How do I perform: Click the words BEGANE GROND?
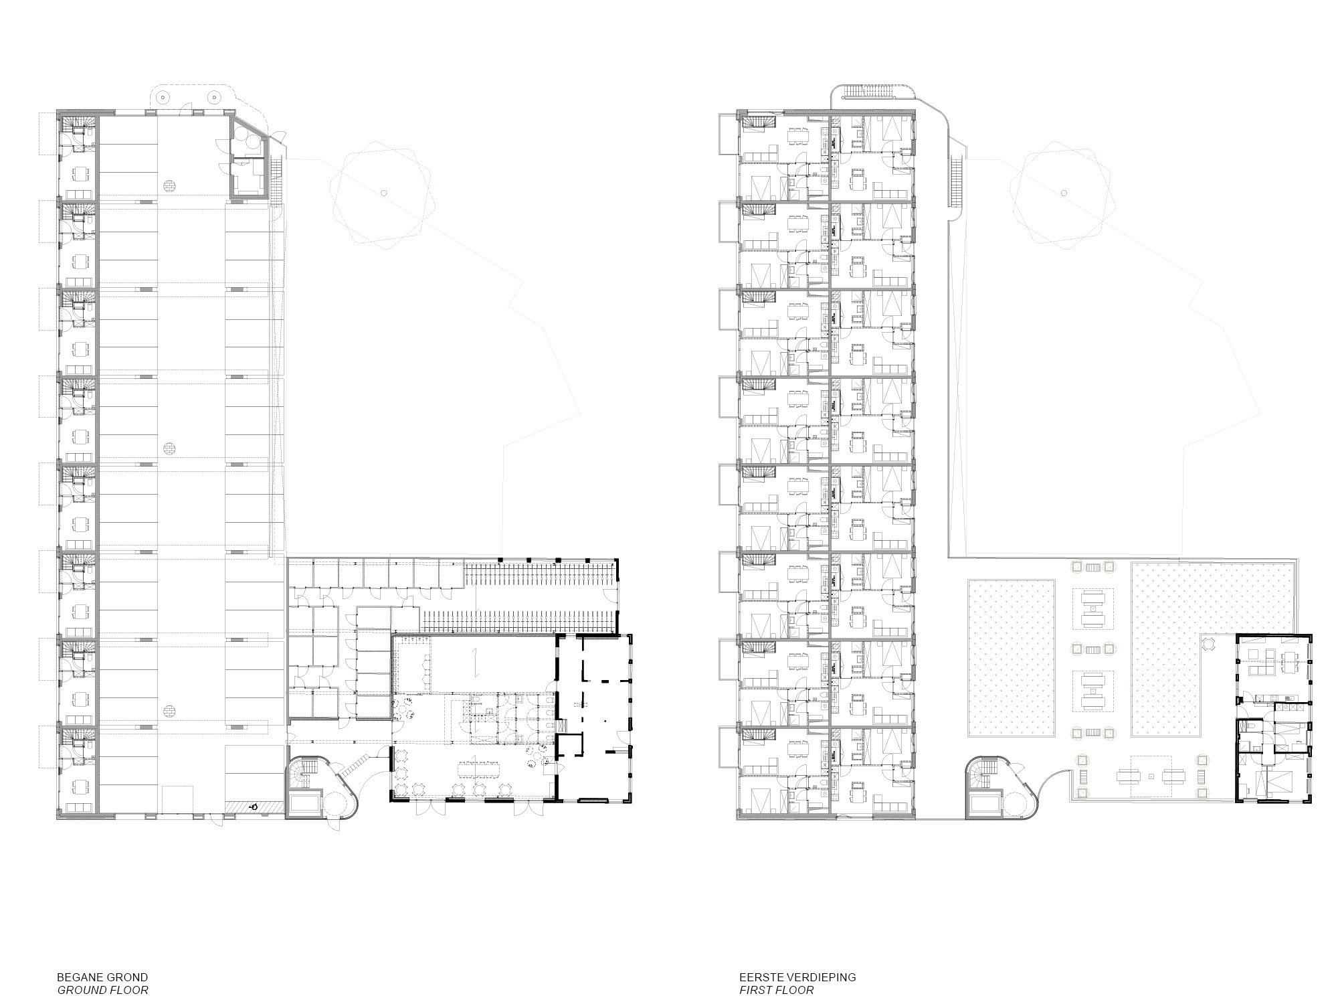102,977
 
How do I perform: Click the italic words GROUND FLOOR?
102,990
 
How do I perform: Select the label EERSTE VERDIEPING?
797,977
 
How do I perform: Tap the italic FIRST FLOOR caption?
777,990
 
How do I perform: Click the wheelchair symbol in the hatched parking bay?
254,807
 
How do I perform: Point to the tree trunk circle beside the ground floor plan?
383,193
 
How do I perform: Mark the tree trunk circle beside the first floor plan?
1063,193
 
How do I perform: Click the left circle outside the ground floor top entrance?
162,96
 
